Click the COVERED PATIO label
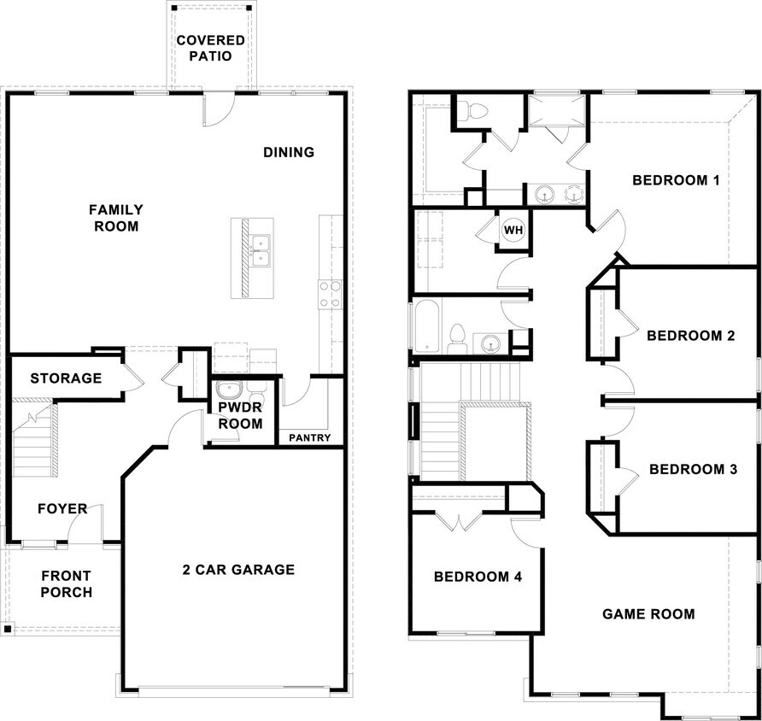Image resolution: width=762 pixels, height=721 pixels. [210, 49]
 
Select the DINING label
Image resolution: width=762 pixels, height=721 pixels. [288, 152]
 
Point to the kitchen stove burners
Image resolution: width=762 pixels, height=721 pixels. [330, 295]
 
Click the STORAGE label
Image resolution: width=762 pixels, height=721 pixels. [66, 378]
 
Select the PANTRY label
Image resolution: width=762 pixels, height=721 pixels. [309, 437]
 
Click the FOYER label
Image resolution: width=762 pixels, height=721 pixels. [62, 509]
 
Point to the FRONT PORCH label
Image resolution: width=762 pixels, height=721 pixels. [66, 584]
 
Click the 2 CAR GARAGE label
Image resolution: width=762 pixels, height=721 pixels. [237, 570]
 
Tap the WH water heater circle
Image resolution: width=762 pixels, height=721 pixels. [513, 230]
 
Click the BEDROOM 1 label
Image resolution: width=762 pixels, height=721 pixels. [676, 180]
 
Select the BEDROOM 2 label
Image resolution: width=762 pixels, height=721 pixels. [690, 336]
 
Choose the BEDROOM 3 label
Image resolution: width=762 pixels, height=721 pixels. [693, 469]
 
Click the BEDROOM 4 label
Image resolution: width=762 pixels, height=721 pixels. [478, 577]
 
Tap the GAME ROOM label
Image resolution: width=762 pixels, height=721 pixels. [648, 613]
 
